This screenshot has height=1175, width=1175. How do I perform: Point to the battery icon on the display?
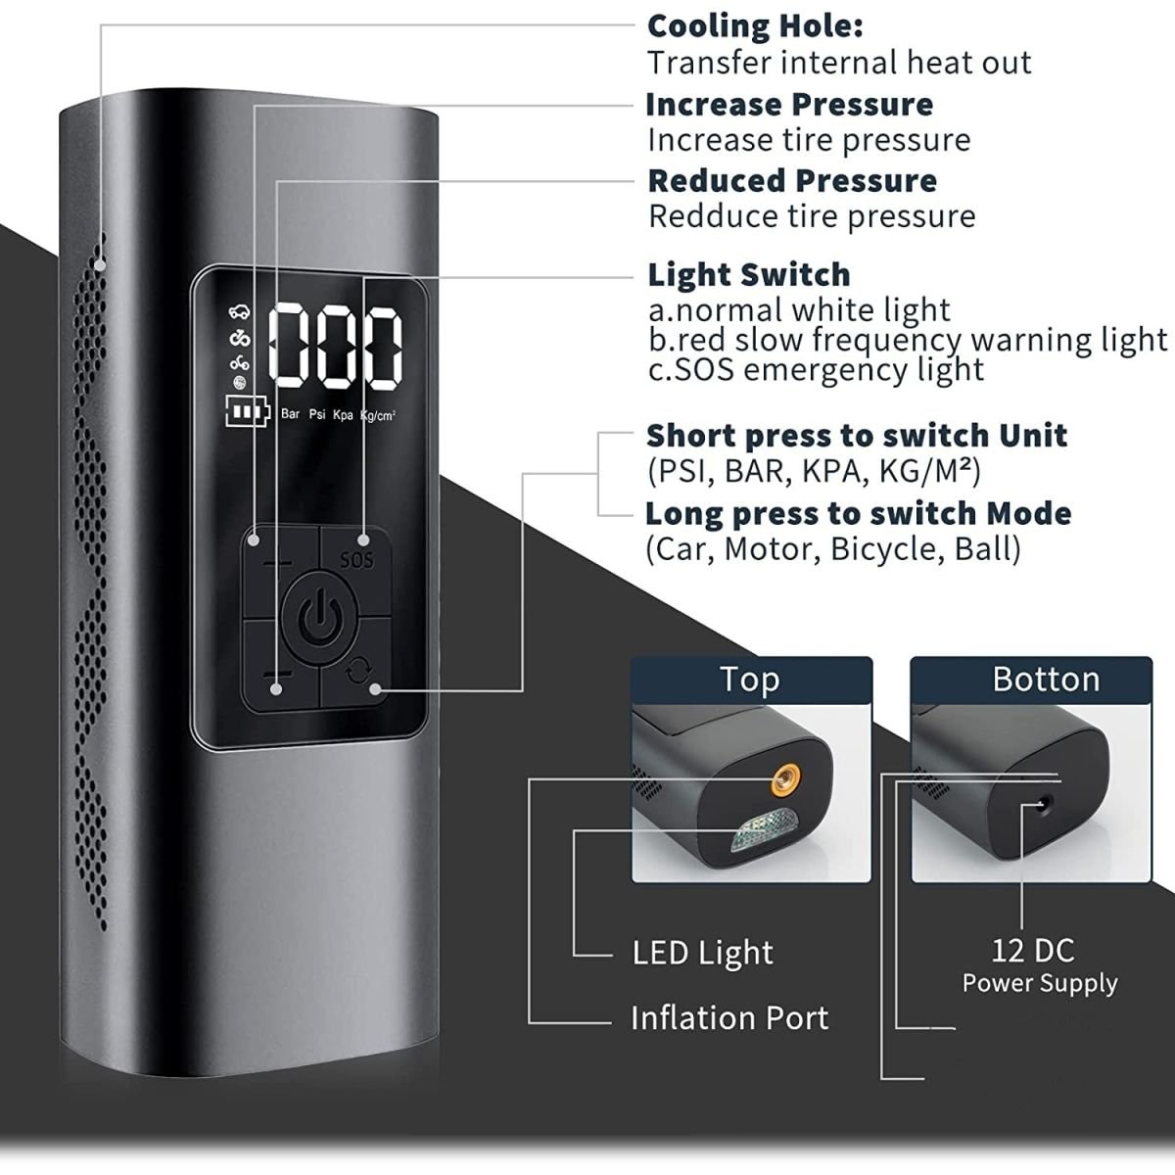coord(247,411)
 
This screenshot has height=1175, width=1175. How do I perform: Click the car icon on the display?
coord(239,311)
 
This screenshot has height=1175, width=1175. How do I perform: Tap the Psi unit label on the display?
coord(317,414)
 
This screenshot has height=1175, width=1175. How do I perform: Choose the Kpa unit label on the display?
coord(343,415)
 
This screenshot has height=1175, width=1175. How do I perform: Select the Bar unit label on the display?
coord(290,414)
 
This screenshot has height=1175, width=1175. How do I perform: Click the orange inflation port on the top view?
coord(785,779)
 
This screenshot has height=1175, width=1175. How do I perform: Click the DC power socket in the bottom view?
coord(1043,804)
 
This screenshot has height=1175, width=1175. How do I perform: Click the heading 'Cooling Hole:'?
coord(755,26)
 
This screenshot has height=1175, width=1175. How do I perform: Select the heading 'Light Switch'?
coord(749,275)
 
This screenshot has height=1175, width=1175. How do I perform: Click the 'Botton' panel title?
coord(1047,679)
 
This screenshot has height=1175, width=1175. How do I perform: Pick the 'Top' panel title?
coord(749,680)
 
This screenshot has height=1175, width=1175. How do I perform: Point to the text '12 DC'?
coord(1033,951)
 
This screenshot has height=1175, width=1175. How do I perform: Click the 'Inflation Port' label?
coord(729,1017)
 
